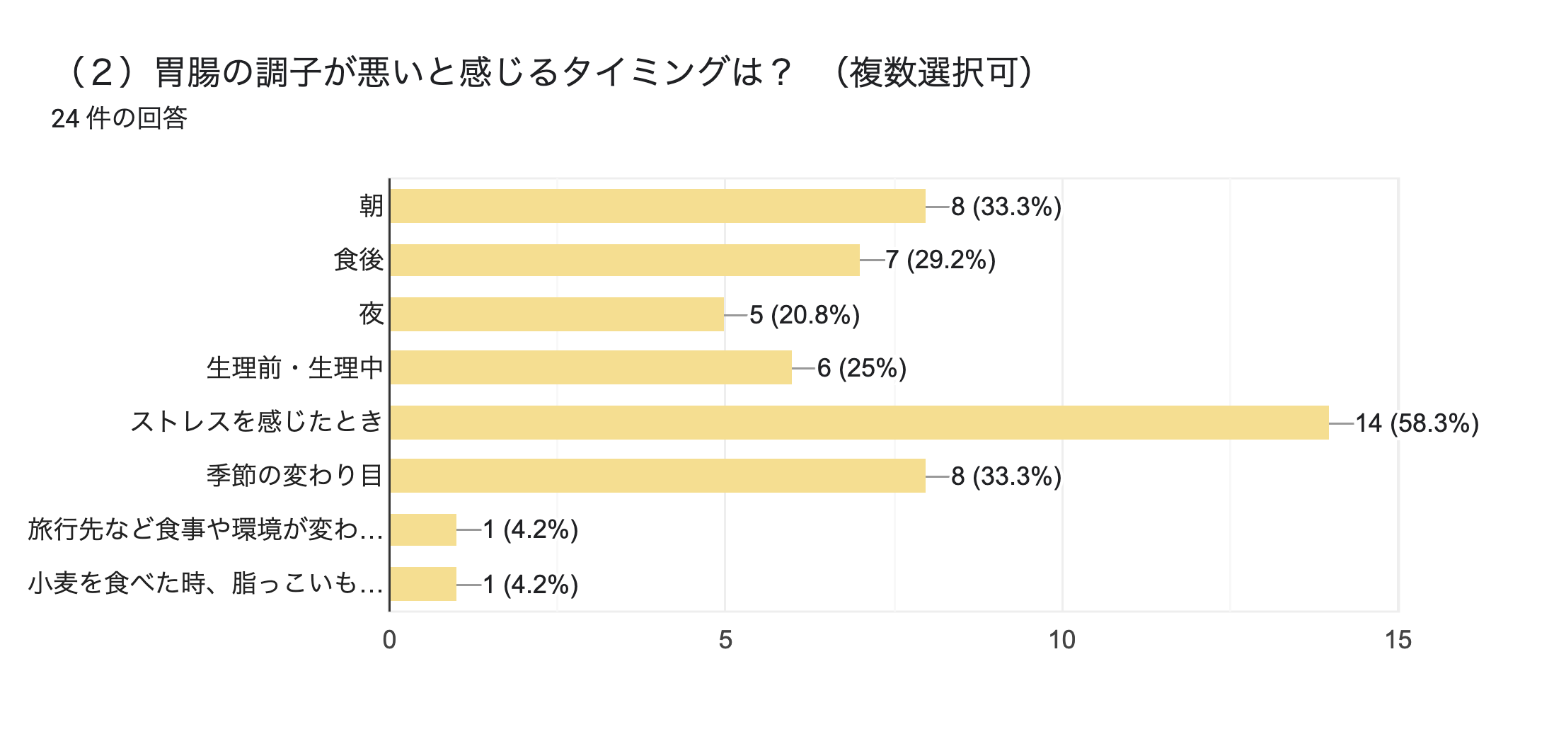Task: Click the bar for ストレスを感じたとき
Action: (x=859, y=423)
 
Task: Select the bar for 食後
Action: (x=625, y=260)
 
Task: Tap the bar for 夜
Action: (x=557, y=314)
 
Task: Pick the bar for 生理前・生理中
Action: (x=591, y=367)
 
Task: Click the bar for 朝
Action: (x=657, y=206)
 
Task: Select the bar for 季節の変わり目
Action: (x=657, y=476)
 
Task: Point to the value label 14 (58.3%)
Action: (x=1417, y=423)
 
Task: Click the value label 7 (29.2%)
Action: (x=940, y=260)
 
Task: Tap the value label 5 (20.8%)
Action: (x=805, y=315)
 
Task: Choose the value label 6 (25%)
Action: (x=861, y=368)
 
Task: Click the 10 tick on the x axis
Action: (x=1061, y=640)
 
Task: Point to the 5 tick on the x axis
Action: (x=725, y=640)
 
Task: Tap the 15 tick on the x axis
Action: (x=1398, y=640)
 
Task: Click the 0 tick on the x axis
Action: (x=389, y=640)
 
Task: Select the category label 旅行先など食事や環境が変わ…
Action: (x=205, y=529)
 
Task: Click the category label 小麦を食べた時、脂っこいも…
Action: (x=205, y=583)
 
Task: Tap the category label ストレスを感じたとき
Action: (x=256, y=422)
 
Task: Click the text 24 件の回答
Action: (x=119, y=118)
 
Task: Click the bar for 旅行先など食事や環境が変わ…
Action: (x=423, y=529)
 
